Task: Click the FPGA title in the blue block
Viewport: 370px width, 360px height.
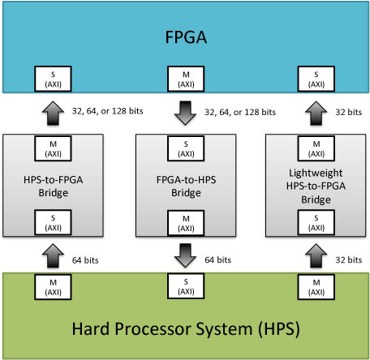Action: tap(186, 37)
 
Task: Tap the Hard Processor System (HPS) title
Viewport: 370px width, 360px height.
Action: tap(186, 329)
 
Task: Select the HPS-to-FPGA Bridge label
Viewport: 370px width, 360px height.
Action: tap(54, 186)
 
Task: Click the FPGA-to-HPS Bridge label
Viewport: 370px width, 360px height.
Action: tap(186, 186)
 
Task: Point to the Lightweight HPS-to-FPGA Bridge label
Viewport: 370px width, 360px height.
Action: tap(316, 186)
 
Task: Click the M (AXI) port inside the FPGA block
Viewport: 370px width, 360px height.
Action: tap(186, 79)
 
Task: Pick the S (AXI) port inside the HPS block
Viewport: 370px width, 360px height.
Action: tap(186, 286)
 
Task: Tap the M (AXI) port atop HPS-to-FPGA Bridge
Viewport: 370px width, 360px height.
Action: tap(53, 148)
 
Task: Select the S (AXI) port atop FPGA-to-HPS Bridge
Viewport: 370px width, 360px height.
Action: tap(186, 148)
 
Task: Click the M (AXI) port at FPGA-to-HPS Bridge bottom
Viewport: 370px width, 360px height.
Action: tap(186, 223)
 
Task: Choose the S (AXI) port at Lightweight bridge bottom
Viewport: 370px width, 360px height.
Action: tap(316, 222)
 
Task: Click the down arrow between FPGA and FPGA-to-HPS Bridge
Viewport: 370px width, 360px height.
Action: tap(185, 113)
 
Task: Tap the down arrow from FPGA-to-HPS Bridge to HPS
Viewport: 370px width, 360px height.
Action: tap(185, 255)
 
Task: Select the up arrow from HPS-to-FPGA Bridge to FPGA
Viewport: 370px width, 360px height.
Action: tap(53, 113)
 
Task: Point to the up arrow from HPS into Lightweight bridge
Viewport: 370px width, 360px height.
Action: tap(316, 255)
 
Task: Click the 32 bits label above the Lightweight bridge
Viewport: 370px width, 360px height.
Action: tap(349, 112)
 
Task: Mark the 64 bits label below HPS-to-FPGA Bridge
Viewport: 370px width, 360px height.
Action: tap(85, 260)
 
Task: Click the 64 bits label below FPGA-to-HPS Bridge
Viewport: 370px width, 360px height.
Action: tap(218, 259)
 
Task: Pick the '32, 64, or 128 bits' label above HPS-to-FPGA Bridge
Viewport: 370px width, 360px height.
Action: tap(107, 111)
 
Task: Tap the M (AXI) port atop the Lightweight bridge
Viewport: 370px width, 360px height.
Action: tap(316, 148)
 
